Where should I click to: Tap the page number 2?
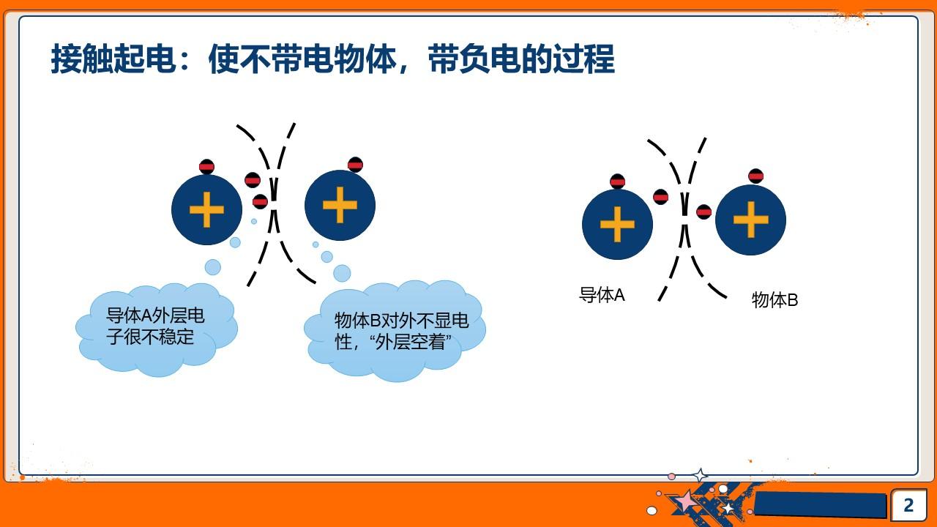[908, 505]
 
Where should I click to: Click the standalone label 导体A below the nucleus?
[602, 295]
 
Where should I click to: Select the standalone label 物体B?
[774, 299]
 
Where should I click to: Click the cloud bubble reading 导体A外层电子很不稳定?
[156, 328]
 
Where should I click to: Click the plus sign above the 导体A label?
[617, 224]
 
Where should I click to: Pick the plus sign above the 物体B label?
[750, 220]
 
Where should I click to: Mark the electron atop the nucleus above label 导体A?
[617, 182]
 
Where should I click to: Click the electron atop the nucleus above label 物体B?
[755, 176]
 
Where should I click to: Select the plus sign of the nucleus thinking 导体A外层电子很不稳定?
[206, 210]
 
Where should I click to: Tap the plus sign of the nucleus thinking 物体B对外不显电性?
[340, 205]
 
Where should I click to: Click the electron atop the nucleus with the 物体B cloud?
[355, 165]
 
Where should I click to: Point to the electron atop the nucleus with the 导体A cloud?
[206, 167]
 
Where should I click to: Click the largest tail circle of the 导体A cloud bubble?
[212, 267]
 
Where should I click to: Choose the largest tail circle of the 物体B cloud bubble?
[342, 273]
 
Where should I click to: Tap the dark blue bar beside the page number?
[820, 504]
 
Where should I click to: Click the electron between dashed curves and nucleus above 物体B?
[703, 212]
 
